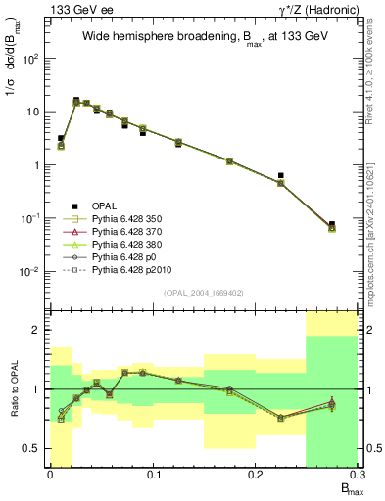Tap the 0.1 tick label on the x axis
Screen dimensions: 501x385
(153, 476)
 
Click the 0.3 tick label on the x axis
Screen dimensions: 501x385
(357, 476)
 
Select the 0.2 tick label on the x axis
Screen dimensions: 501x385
(255, 476)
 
